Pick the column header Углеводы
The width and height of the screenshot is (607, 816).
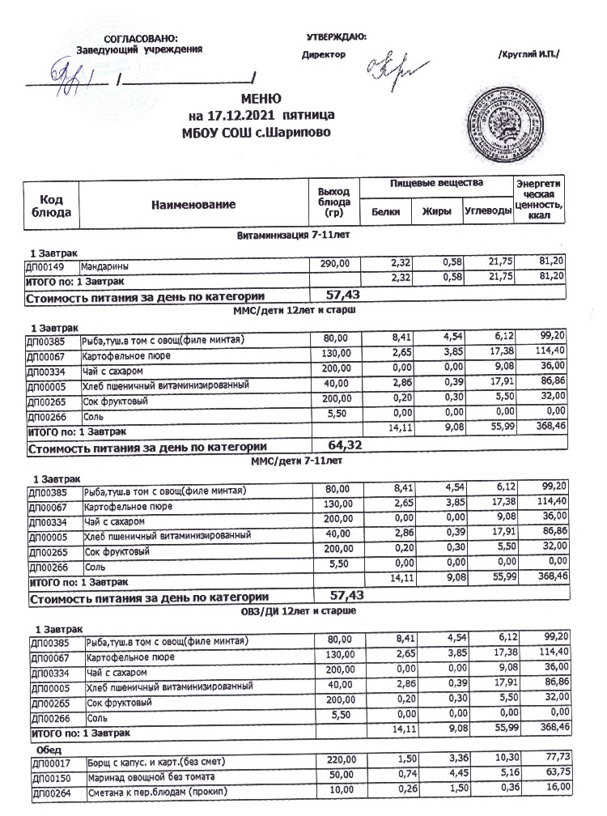[488, 212]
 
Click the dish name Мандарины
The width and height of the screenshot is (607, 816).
[104, 265]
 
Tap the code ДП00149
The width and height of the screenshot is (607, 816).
[50, 265]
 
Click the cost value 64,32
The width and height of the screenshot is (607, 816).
[346, 444]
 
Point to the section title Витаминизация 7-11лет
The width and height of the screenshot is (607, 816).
[299, 235]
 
